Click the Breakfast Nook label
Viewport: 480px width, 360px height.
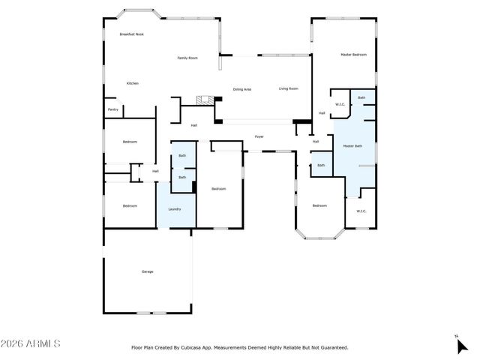pos(131,34)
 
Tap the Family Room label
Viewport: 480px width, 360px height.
pos(187,58)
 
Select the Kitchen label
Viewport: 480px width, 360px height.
pos(132,83)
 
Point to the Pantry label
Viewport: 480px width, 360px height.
pos(113,109)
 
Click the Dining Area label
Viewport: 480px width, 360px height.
pos(241,89)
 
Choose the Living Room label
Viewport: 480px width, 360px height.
pos(289,88)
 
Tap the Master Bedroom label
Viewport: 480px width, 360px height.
pos(353,55)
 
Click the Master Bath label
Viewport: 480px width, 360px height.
pos(353,146)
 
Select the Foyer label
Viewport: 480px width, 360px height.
pos(259,136)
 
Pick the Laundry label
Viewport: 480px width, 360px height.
pos(174,209)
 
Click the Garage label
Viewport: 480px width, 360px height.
pos(147,271)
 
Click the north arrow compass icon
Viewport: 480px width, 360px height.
pos(462,345)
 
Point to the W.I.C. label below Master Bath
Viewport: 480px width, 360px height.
pos(361,211)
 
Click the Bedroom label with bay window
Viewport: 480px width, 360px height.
pos(319,205)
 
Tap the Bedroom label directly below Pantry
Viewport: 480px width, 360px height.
pos(130,142)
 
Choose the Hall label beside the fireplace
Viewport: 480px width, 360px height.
pos(193,125)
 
